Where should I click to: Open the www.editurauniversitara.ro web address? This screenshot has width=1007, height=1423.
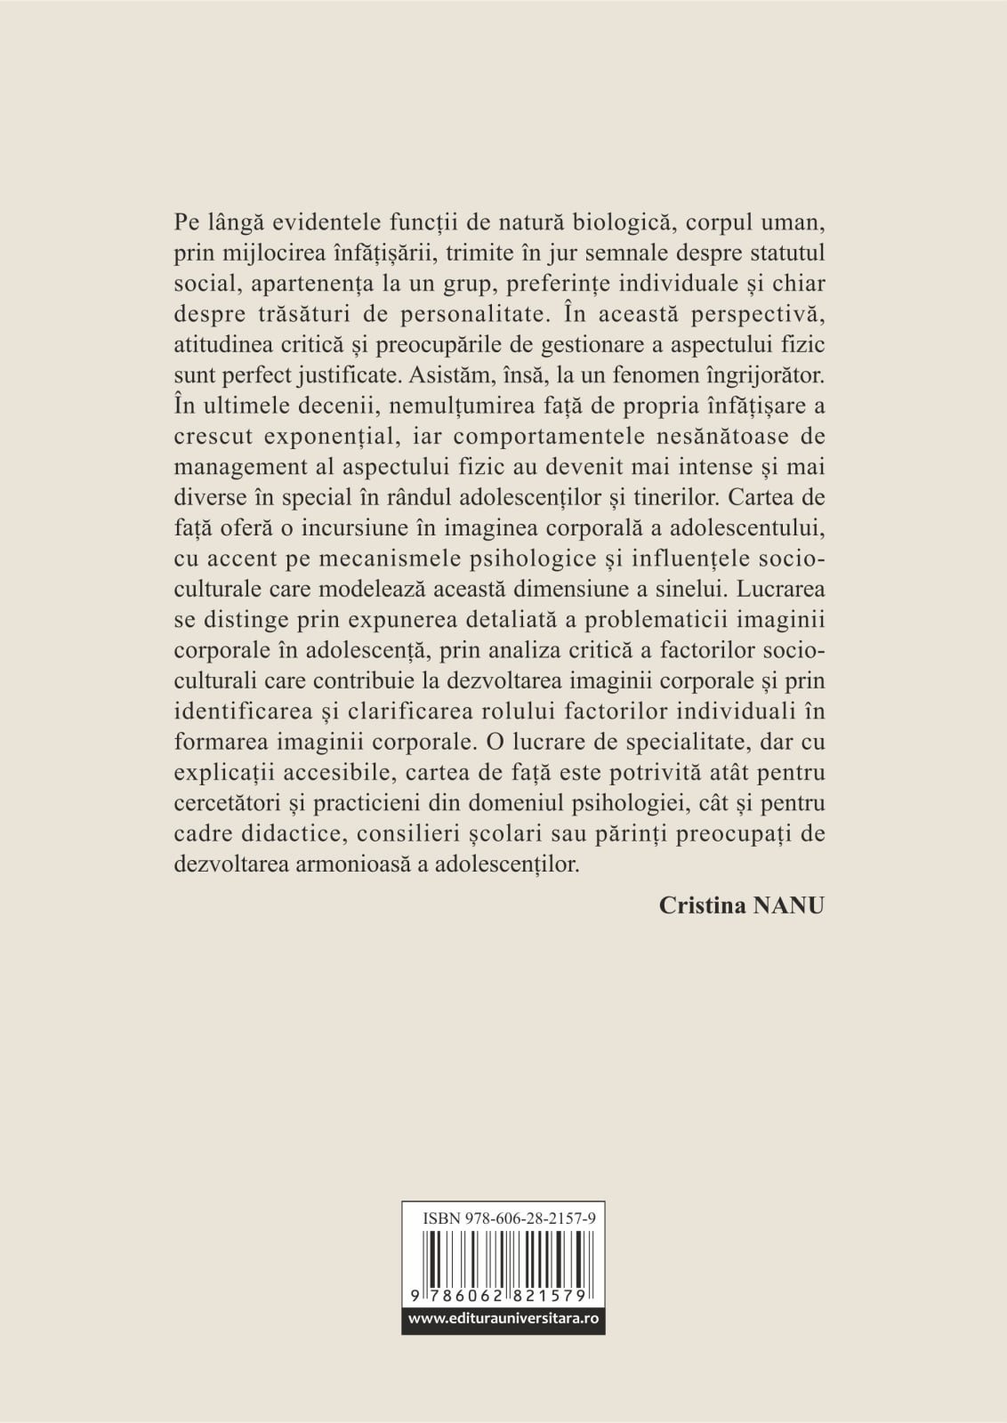click(x=503, y=1320)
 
